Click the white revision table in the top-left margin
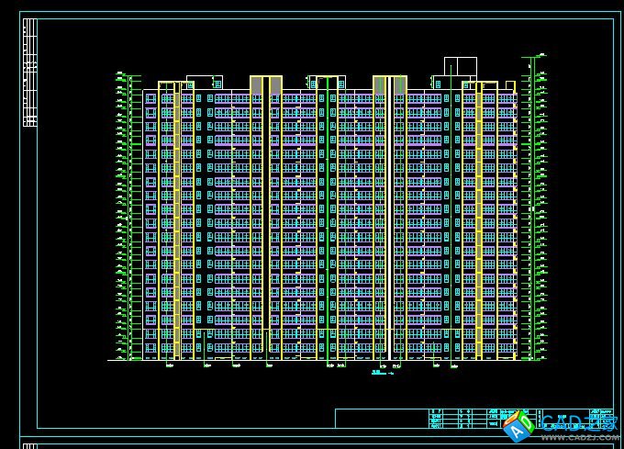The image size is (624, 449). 29,73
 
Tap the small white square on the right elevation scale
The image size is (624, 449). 531,209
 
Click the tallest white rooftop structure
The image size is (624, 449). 461,67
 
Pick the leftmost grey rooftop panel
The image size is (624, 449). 256,85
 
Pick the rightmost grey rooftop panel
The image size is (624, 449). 400,85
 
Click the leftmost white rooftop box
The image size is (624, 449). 204,82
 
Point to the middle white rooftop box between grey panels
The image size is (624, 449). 327,82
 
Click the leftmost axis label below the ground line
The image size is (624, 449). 170,365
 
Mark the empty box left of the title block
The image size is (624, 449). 381,419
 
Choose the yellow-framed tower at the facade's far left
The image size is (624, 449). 167,220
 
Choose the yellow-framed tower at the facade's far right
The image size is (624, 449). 488,220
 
